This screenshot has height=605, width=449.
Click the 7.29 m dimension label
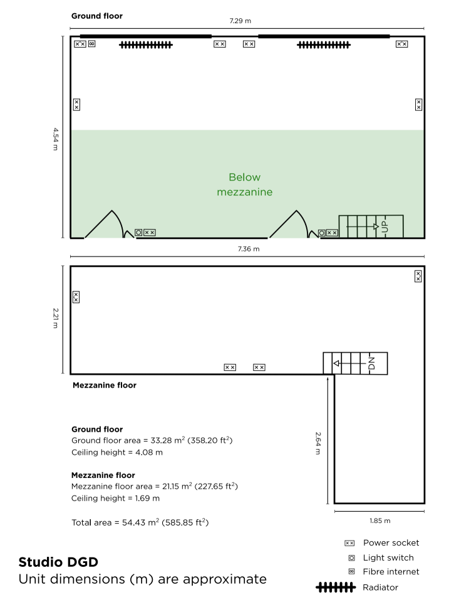240,21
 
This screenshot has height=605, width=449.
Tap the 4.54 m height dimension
56,139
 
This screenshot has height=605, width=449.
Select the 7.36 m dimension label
249,249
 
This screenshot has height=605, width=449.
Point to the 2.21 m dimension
56,318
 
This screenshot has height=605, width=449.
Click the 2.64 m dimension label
318,443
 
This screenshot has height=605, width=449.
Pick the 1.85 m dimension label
380,521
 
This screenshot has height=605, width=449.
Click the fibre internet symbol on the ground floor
91,44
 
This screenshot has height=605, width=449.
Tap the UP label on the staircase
384,226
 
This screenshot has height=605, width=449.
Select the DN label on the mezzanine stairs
371,364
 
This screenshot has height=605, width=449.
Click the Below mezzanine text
245,185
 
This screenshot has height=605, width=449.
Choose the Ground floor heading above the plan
97,16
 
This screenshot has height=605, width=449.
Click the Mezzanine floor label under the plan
105,385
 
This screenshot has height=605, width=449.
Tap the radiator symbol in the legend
336,587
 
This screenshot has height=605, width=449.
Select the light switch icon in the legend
352,558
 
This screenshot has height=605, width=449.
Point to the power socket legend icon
349,543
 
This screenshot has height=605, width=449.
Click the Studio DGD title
58,562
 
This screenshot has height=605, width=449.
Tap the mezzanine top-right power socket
418,277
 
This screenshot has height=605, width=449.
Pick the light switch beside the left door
138,232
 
